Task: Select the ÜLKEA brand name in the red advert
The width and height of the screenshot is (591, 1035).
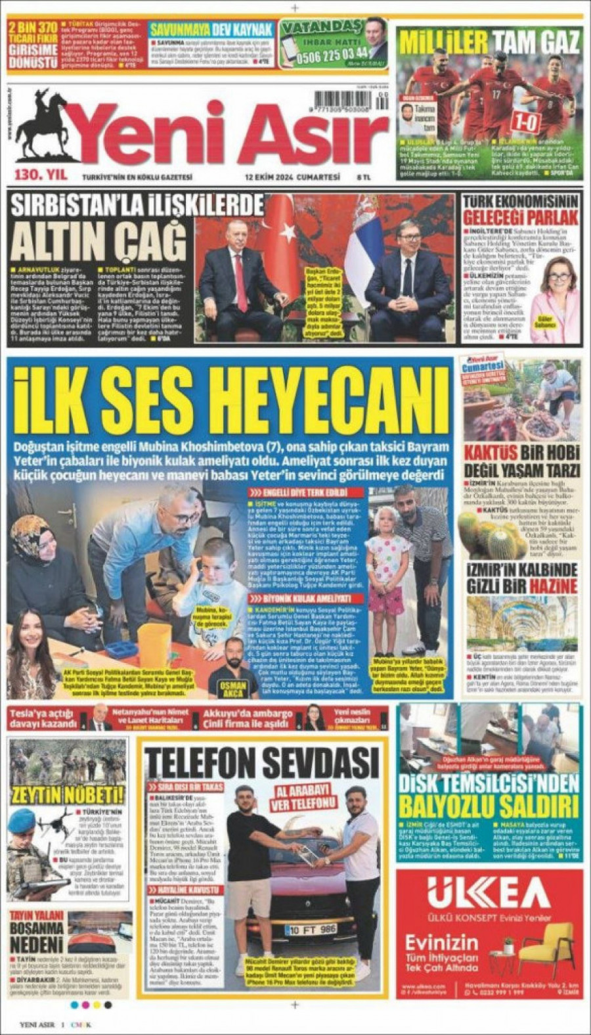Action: click(x=489, y=894)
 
